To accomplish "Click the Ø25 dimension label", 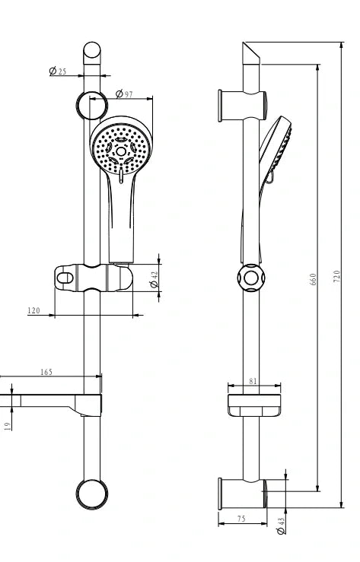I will pyautogui.click(x=58, y=71).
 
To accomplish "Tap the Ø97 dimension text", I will pyautogui.click(x=124, y=94).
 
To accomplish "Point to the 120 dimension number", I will pyautogui.click(x=33, y=310).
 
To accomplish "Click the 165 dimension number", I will pyautogui.click(x=46, y=373).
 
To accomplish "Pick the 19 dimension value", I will pyautogui.click(x=8, y=427).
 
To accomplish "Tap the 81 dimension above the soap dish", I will pyautogui.click(x=254, y=383).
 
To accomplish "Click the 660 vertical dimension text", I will pyautogui.click(x=313, y=279).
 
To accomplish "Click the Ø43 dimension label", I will pyautogui.click(x=281, y=524).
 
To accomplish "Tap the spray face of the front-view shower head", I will pyautogui.click(x=119, y=148).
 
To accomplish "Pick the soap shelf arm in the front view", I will pyautogui.click(x=53, y=403).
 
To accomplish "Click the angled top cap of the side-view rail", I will pyautogui.click(x=252, y=55).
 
